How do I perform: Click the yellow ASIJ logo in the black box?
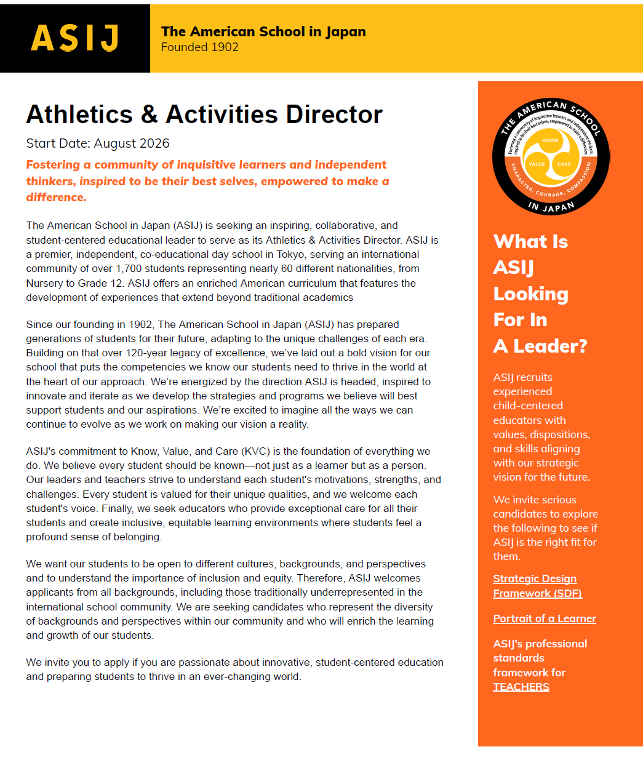click(75, 38)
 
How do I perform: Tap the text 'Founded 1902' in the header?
click(200, 47)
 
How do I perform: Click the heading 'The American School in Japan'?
click(263, 31)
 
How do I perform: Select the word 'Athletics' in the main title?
click(79, 114)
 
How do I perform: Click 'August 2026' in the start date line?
click(132, 143)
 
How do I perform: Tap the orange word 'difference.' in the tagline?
click(56, 198)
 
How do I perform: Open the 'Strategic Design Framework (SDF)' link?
click(537, 586)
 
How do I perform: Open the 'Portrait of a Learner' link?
click(545, 618)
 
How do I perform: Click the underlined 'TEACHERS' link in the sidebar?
click(521, 687)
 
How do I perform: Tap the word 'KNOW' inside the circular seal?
click(551, 140)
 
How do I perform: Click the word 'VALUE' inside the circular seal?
click(537, 164)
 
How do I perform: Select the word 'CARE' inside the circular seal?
click(564, 164)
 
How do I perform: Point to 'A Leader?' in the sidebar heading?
click(540, 346)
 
